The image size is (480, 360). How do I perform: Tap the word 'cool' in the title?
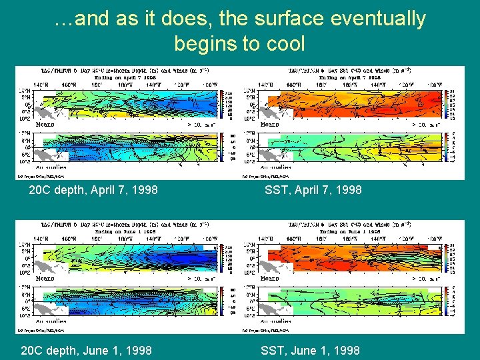coord(285,44)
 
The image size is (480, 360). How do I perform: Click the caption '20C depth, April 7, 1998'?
coord(93,190)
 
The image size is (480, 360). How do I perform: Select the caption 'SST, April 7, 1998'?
coord(313,190)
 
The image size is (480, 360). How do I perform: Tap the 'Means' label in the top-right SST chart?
coord(270,124)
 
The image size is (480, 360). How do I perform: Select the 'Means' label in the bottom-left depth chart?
coord(45,278)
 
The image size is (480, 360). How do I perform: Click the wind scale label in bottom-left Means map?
coord(201,278)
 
